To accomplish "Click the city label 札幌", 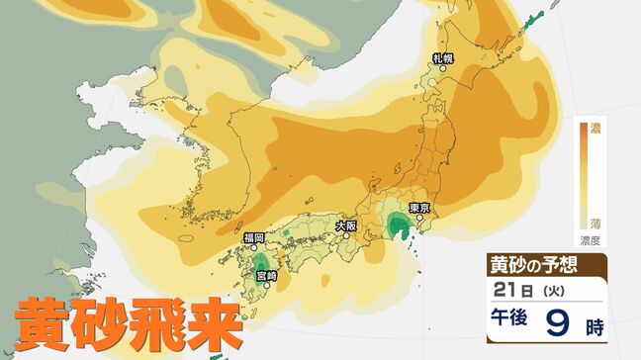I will pyautogui.click(x=443, y=58).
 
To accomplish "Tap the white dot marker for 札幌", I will pyautogui.click(x=442, y=69).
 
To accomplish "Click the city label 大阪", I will pyautogui.click(x=345, y=225).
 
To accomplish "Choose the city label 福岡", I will pyautogui.click(x=252, y=238).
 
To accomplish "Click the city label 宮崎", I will pyautogui.click(x=266, y=274).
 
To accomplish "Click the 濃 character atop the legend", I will pyautogui.click(x=596, y=128).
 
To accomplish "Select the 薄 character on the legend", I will pyautogui.click(x=596, y=223).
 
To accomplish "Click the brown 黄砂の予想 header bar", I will pyautogui.click(x=545, y=265).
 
